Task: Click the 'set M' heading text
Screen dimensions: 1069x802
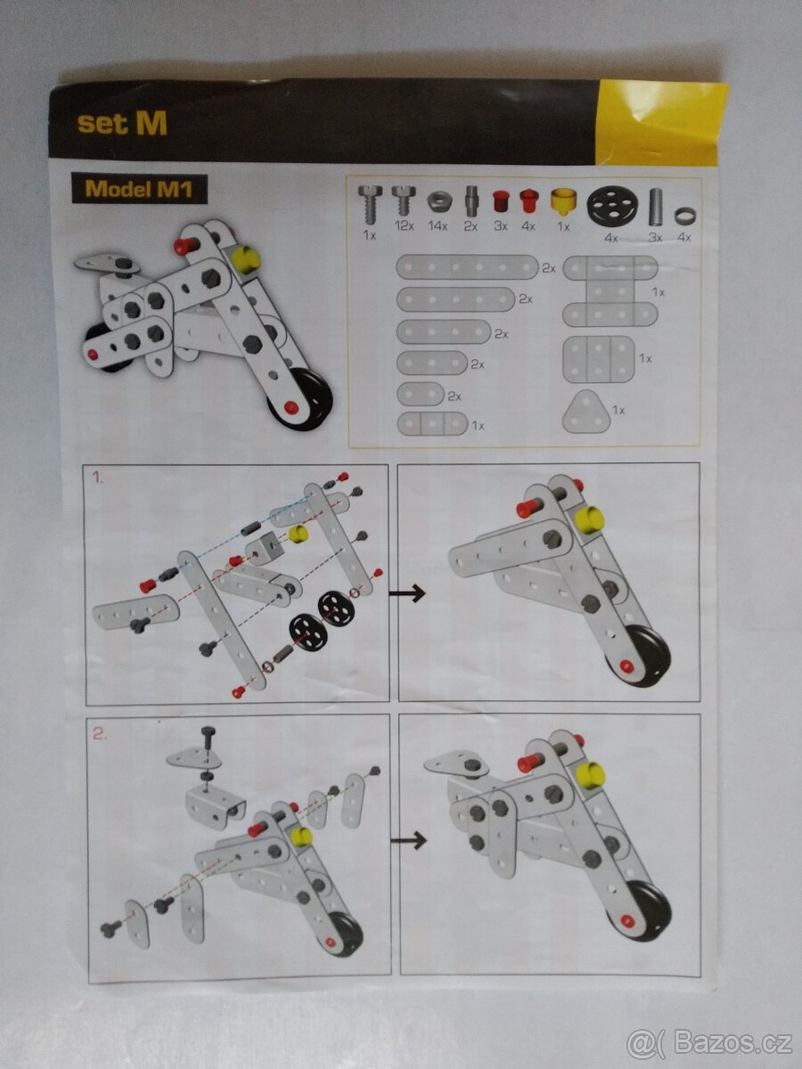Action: [x=122, y=123]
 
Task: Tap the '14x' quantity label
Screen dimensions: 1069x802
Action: [x=438, y=226]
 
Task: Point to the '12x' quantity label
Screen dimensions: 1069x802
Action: [x=404, y=226]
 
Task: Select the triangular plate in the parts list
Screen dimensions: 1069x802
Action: [x=585, y=412]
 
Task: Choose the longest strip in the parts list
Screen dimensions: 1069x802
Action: [x=467, y=267]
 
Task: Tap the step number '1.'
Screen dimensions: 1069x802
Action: [x=98, y=477]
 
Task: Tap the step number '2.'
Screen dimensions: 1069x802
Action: [x=100, y=733]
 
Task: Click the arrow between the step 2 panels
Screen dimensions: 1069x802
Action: [x=408, y=840]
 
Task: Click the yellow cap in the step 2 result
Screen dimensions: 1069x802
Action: [x=591, y=775]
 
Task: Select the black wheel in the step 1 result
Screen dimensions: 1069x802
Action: [x=649, y=657]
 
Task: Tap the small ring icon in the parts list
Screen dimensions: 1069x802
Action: [x=683, y=215]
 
